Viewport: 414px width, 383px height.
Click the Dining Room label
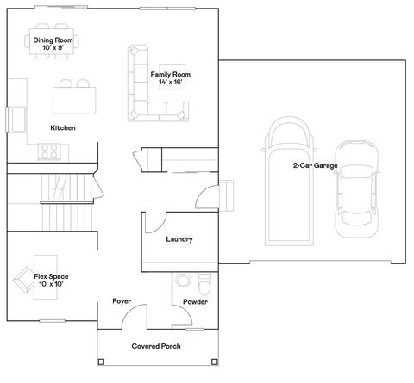coord(53,43)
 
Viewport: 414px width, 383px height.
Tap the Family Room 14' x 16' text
coord(170,79)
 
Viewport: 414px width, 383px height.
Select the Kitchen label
coord(63,127)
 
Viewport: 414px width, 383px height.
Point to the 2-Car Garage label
coord(315,164)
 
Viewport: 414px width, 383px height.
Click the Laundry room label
coord(179,239)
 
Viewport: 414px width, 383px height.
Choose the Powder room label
coord(195,302)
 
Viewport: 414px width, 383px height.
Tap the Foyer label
coord(122,301)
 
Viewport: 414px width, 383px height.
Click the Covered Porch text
coord(155,346)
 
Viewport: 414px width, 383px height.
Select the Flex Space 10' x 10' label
coord(51,280)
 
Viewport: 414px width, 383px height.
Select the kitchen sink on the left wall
coord(16,117)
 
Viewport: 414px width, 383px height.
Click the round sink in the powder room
coord(183,281)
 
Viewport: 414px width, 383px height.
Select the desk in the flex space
coord(45,275)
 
